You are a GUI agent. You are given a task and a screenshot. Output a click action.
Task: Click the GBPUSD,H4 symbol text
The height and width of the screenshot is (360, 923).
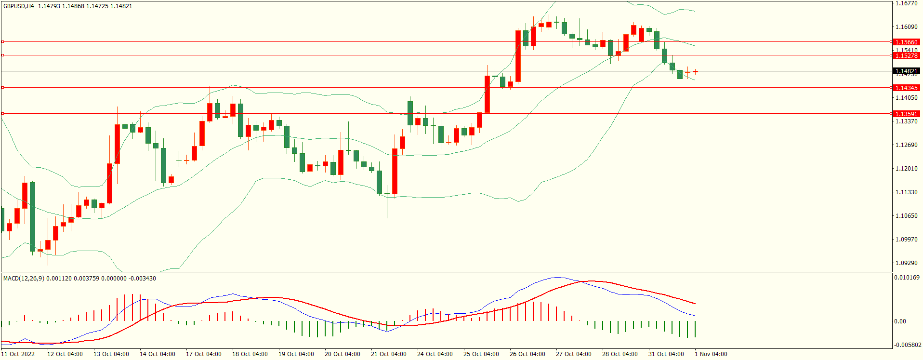pyautogui.click(x=19, y=6)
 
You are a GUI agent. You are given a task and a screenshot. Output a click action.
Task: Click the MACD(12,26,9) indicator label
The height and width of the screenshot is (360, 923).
pyautogui.click(x=24, y=279)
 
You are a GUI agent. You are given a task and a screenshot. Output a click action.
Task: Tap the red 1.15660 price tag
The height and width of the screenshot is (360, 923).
pyautogui.click(x=906, y=42)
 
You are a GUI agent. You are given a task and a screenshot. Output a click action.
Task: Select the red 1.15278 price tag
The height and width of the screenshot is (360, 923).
pyautogui.click(x=906, y=56)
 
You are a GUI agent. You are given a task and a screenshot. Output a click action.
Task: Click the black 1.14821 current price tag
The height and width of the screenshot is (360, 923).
pyautogui.click(x=906, y=71)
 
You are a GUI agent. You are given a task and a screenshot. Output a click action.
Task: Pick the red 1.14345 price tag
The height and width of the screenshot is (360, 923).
pyautogui.click(x=906, y=88)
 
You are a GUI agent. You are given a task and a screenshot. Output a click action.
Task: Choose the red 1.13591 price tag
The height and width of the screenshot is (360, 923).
pyautogui.click(x=906, y=114)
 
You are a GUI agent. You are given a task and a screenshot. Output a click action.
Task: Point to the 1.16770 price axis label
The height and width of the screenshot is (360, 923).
pyautogui.click(x=906, y=3)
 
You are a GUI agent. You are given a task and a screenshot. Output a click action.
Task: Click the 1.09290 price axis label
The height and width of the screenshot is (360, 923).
pyautogui.click(x=906, y=263)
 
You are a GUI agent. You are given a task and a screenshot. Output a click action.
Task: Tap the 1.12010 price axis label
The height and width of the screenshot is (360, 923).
pyautogui.click(x=906, y=169)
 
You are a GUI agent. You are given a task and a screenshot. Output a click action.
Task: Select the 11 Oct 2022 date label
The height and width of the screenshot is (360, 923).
pyautogui.click(x=18, y=354)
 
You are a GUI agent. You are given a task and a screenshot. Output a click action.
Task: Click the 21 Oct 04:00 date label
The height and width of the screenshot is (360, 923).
pyautogui.click(x=388, y=354)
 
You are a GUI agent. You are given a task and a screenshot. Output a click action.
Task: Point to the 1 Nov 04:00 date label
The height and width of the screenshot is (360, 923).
pyautogui.click(x=711, y=354)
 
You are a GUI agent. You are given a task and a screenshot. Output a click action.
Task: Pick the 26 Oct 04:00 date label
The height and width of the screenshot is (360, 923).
pyautogui.click(x=527, y=354)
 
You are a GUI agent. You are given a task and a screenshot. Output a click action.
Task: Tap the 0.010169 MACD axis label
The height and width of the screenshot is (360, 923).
pyautogui.click(x=907, y=278)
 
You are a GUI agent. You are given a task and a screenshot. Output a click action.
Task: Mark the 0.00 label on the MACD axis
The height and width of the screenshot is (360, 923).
pyautogui.click(x=900, y=321)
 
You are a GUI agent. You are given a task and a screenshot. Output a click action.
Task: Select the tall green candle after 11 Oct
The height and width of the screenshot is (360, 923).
pyautogui.click(x=32, y=217)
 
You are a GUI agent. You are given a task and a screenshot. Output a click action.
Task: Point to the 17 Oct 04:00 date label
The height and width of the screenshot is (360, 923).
pyautogui.click(x=203, y=354)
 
